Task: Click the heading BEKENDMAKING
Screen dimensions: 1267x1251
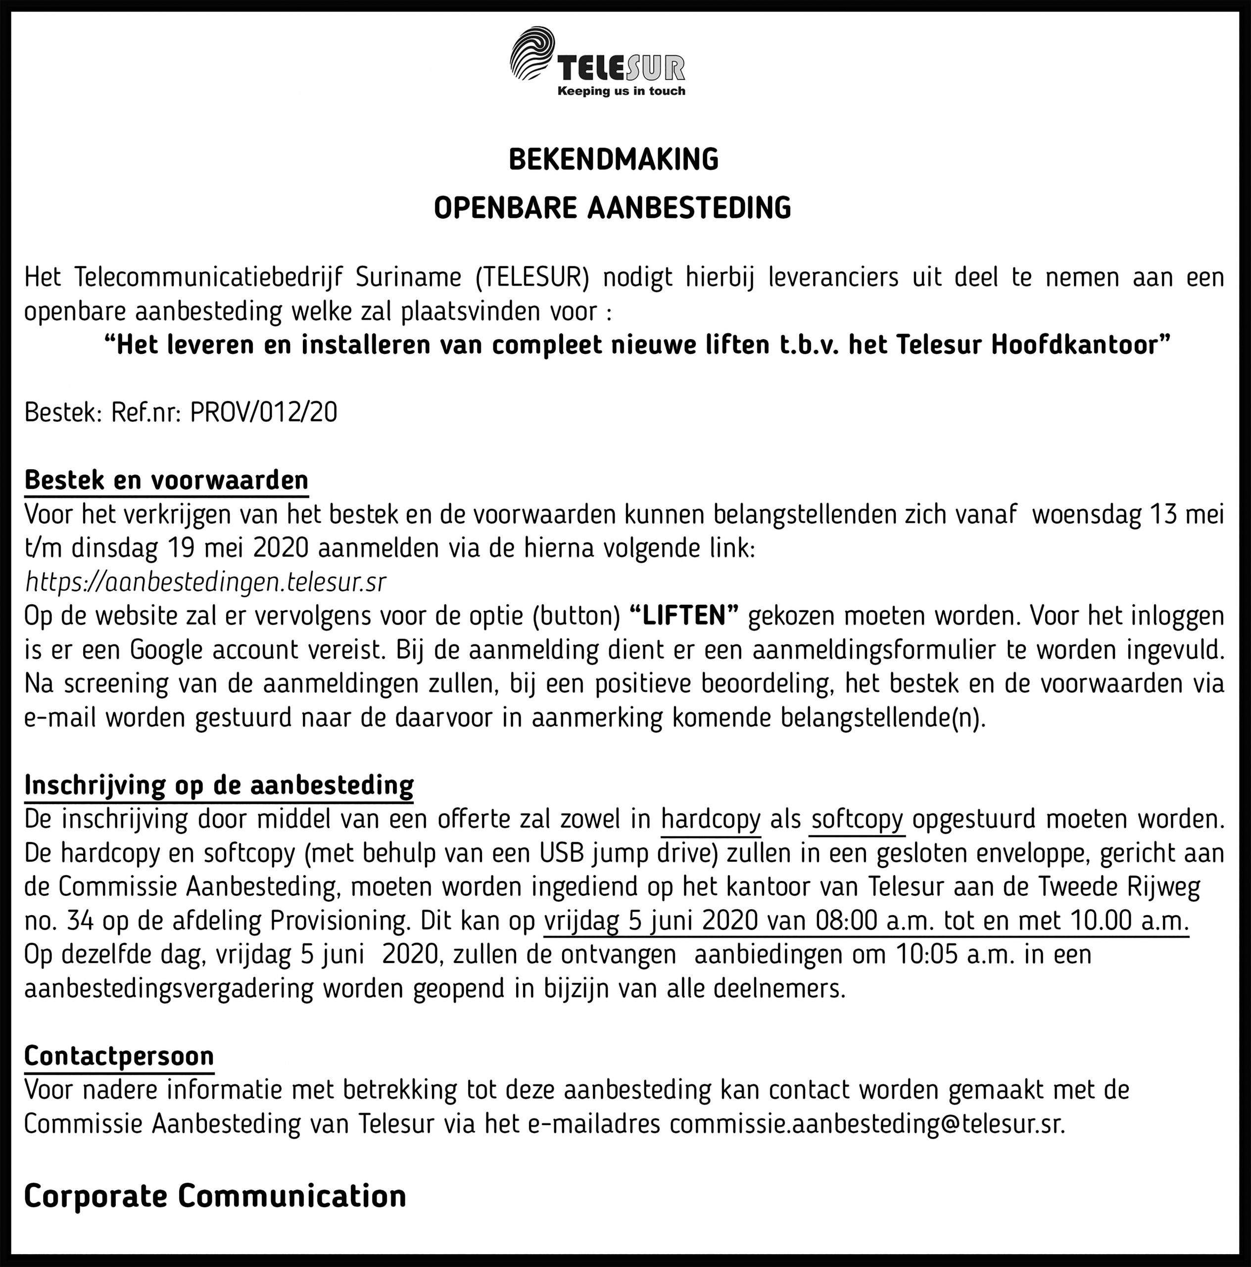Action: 613,160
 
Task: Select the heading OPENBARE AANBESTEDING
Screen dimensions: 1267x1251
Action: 613,208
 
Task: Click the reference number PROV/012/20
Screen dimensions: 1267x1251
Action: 264,412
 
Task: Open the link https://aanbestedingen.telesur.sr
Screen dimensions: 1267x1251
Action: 205,582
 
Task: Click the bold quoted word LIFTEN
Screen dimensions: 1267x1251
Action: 684,616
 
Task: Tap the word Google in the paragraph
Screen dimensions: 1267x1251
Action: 167,650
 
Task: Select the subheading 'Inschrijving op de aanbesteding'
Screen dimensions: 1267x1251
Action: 219,785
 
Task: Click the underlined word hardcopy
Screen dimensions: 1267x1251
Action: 711,819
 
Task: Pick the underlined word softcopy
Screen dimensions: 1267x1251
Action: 857,819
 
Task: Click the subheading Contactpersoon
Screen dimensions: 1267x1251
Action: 119,1056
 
